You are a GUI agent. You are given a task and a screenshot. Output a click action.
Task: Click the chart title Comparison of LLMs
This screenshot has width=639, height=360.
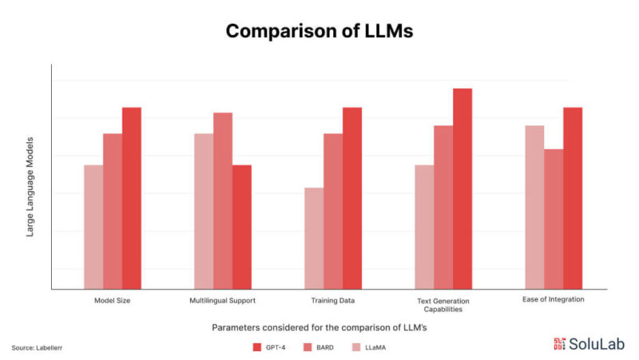pos(319,31)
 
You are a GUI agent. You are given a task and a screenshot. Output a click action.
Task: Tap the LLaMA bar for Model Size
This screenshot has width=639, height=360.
pos(93,227)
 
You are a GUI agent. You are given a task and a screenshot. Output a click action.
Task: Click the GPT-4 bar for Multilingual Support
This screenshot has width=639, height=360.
pos(242,227)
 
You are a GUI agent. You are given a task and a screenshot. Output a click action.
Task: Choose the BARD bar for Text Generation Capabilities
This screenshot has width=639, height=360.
pos(443,207)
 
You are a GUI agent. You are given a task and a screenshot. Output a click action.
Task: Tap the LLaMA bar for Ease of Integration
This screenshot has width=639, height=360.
pos(534,207)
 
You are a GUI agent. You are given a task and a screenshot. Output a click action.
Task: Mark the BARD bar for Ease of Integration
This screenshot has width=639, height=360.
pos(554,219)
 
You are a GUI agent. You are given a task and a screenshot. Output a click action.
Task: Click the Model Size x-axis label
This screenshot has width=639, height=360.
pos(112,301)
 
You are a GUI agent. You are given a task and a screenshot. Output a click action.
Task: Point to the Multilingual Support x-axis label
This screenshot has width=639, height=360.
pos(223,301)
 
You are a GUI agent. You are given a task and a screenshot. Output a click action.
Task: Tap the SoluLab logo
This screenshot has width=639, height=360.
pos(589,344)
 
